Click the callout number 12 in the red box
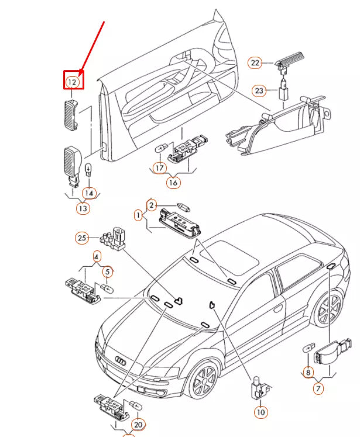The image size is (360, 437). [72, 82]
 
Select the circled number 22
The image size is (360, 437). [255, 63]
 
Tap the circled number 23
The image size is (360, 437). [259, 91]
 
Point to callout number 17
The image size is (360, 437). [160, 168]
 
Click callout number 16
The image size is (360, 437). [173, 183]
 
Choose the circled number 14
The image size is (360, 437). [89, 193]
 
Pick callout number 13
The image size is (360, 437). [83, 208]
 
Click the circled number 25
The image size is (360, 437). [82, 238]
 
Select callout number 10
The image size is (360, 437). [260, 412]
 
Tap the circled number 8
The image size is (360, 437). [308, 372]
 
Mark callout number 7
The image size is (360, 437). [318, 388]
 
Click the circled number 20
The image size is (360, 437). [138, 425]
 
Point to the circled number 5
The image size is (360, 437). [108, 271]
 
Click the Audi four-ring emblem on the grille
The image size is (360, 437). [120, 361]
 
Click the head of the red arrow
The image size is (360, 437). [81, 73]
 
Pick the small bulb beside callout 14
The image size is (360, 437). [88, 170]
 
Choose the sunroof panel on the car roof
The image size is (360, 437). [230, 254]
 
